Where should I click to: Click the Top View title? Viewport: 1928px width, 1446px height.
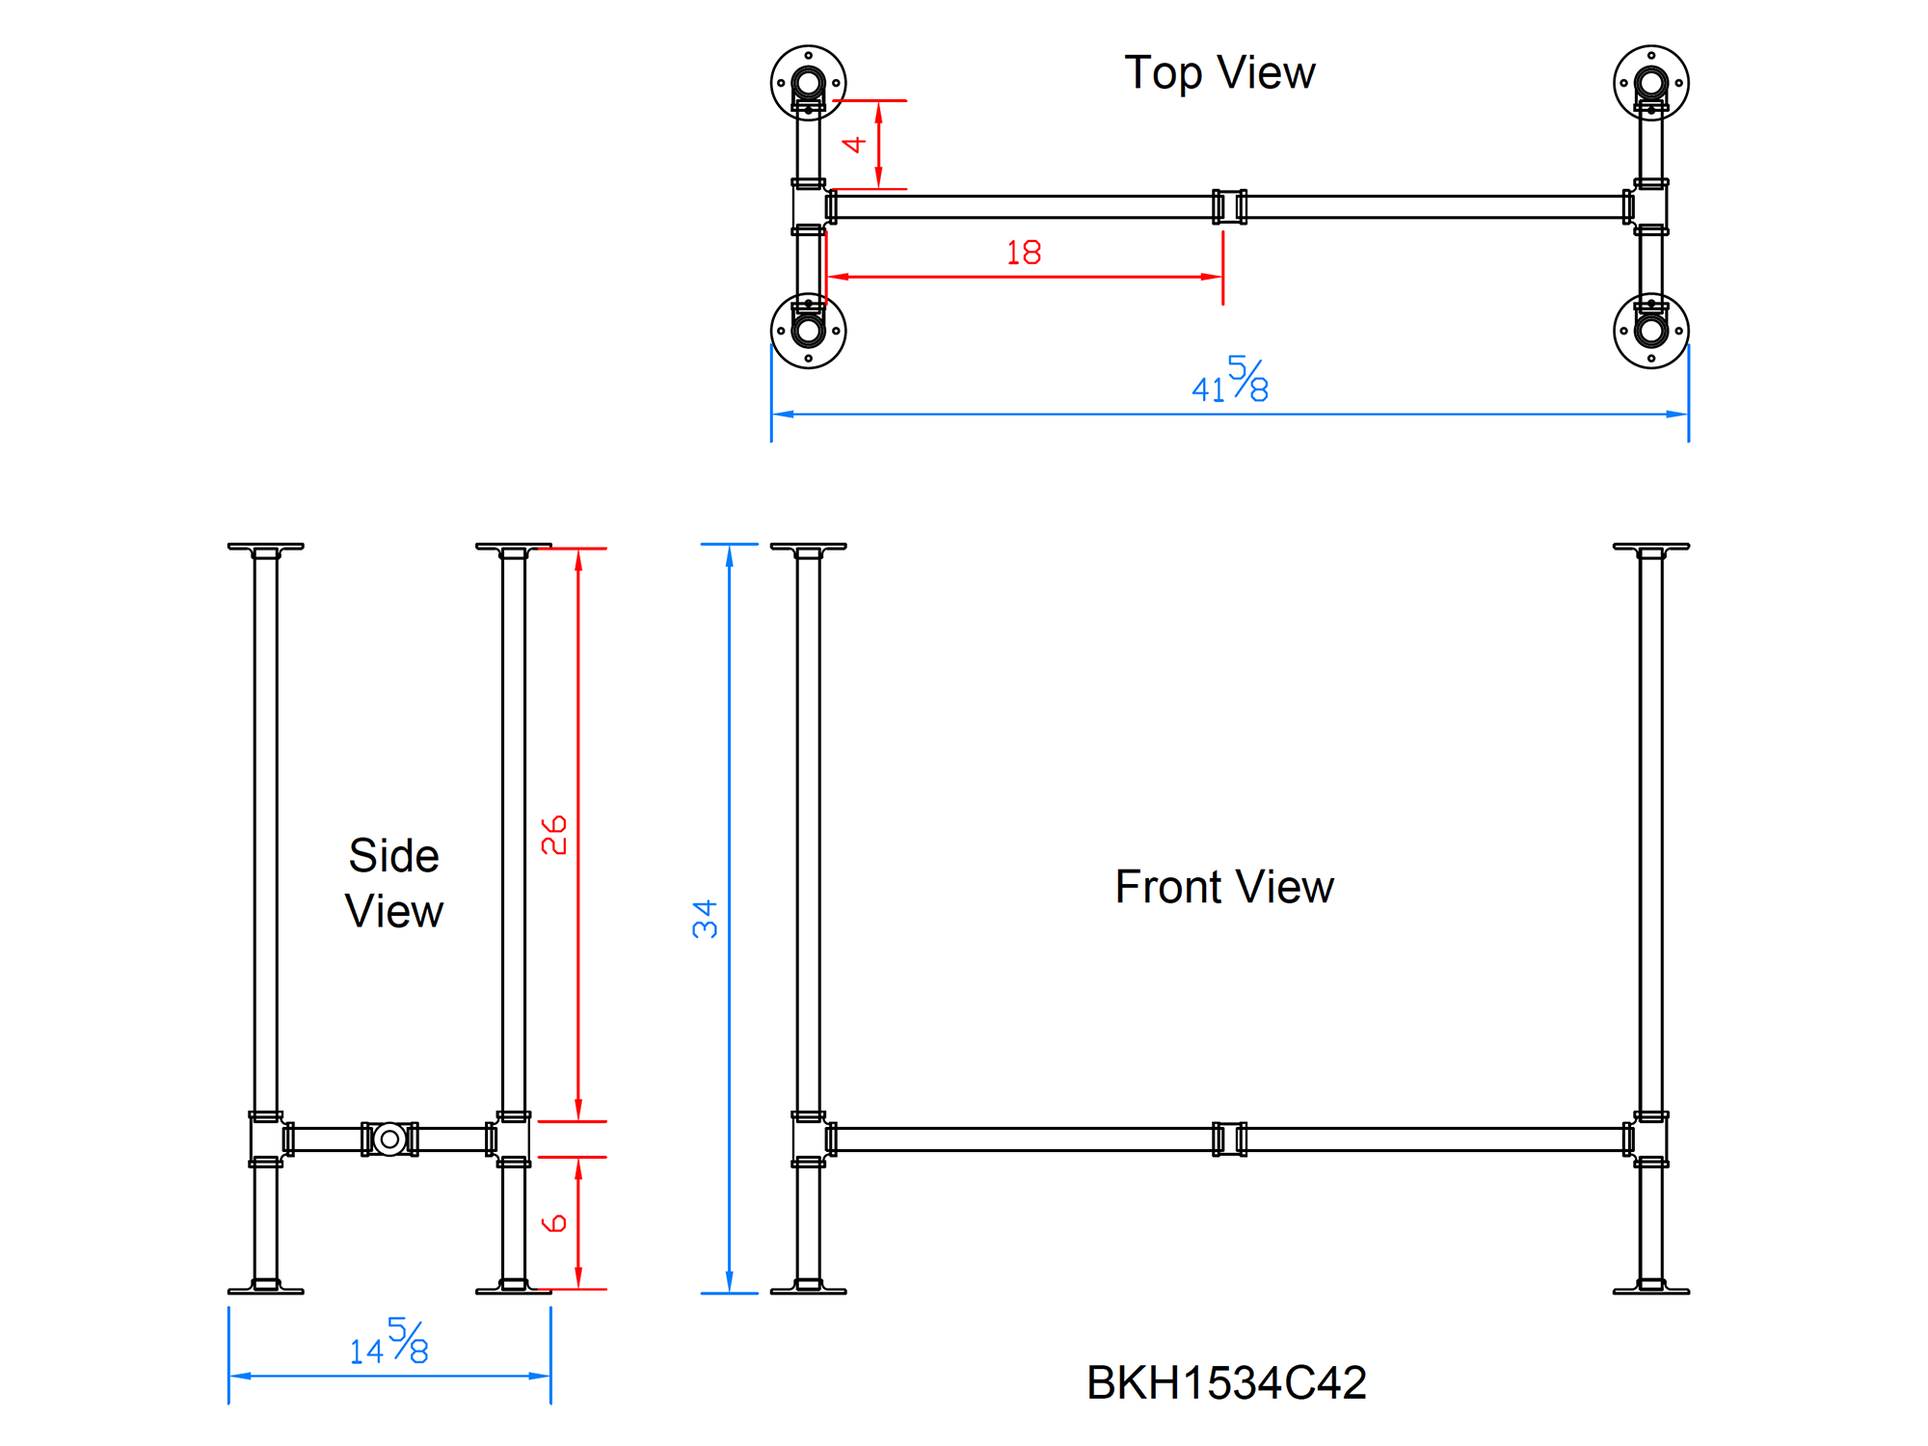1219,73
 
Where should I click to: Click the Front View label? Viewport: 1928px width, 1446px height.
1224,887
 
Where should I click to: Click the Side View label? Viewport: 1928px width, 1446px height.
394,883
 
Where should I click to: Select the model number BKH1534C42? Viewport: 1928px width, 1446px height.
1226,1382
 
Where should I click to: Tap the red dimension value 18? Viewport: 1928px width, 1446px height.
1024,253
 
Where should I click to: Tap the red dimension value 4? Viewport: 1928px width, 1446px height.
854,145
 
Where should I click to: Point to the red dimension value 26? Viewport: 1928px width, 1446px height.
554,835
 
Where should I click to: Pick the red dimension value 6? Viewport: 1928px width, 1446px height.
554,1223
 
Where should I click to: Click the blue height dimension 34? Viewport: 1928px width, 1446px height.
705,919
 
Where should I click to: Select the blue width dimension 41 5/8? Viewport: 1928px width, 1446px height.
1230,380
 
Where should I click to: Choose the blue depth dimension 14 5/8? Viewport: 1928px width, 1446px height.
389,1342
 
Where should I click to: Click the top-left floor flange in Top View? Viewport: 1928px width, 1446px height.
808,83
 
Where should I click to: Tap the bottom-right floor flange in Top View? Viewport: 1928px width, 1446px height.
1650,331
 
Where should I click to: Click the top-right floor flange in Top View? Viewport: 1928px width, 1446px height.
1650,83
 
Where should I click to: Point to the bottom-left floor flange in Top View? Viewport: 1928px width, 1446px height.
808,331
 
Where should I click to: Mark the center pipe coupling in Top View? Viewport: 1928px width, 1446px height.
1229,206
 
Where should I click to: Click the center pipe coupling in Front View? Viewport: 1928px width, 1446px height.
1229,1138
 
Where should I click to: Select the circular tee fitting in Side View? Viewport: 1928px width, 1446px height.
389,1138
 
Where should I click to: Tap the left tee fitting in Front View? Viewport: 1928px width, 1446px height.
810,1138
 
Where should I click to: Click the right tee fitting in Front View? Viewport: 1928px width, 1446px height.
1649,1138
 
